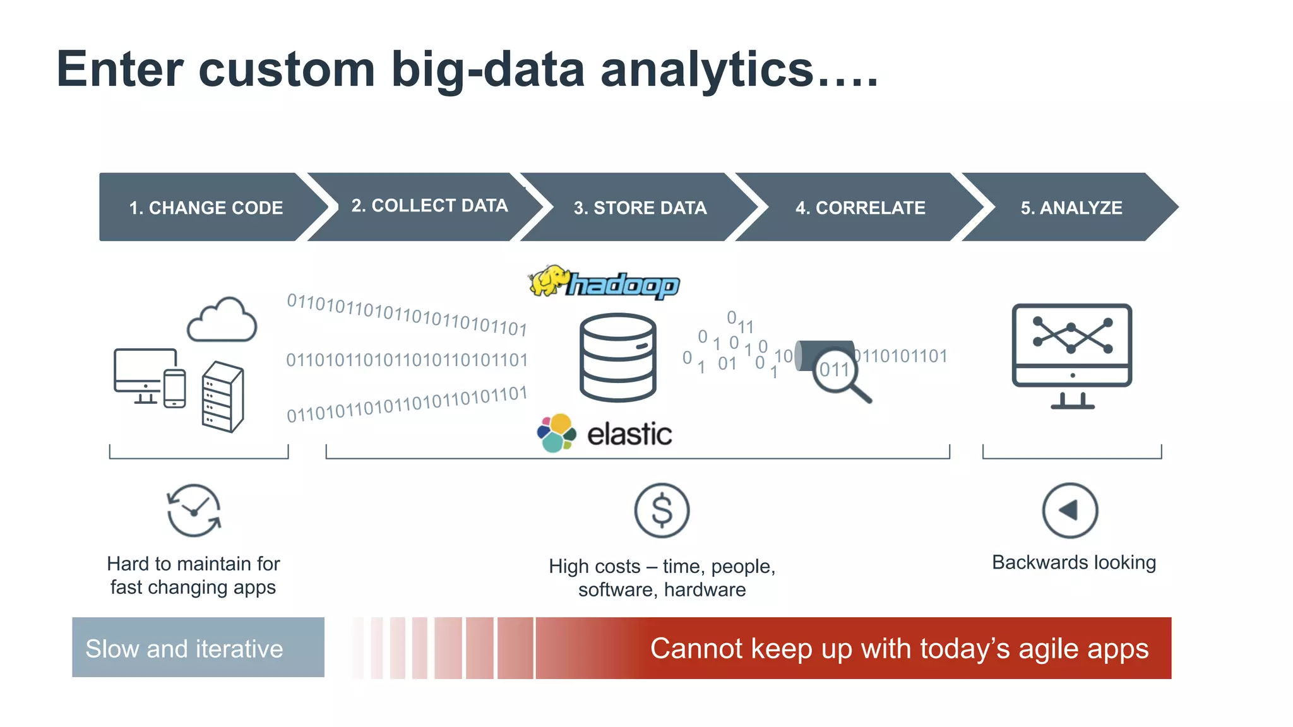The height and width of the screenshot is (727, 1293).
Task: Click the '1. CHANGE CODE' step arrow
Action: point(206,208)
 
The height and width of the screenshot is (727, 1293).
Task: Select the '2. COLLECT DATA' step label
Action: point(429,206)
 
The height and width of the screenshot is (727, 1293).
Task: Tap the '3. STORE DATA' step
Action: point(640,208)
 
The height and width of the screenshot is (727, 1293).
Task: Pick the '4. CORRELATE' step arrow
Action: point(860,208)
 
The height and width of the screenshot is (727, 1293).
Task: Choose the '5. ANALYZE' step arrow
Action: point(1071,208)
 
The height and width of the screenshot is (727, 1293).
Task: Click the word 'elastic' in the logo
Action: point(629,434)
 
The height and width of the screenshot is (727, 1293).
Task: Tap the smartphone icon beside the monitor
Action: point(174,389)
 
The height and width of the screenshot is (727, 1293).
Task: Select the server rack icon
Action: point(222,396)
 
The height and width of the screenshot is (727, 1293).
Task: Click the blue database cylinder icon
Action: point(617,357)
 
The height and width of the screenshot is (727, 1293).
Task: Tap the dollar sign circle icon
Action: point(662,511)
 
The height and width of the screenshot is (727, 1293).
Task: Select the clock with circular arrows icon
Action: point(194,511)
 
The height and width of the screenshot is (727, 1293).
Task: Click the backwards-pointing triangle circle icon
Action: point(1070,511)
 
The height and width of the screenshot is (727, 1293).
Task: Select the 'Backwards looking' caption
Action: point(1073,562)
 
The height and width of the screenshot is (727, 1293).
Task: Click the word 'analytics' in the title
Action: point(706,69)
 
